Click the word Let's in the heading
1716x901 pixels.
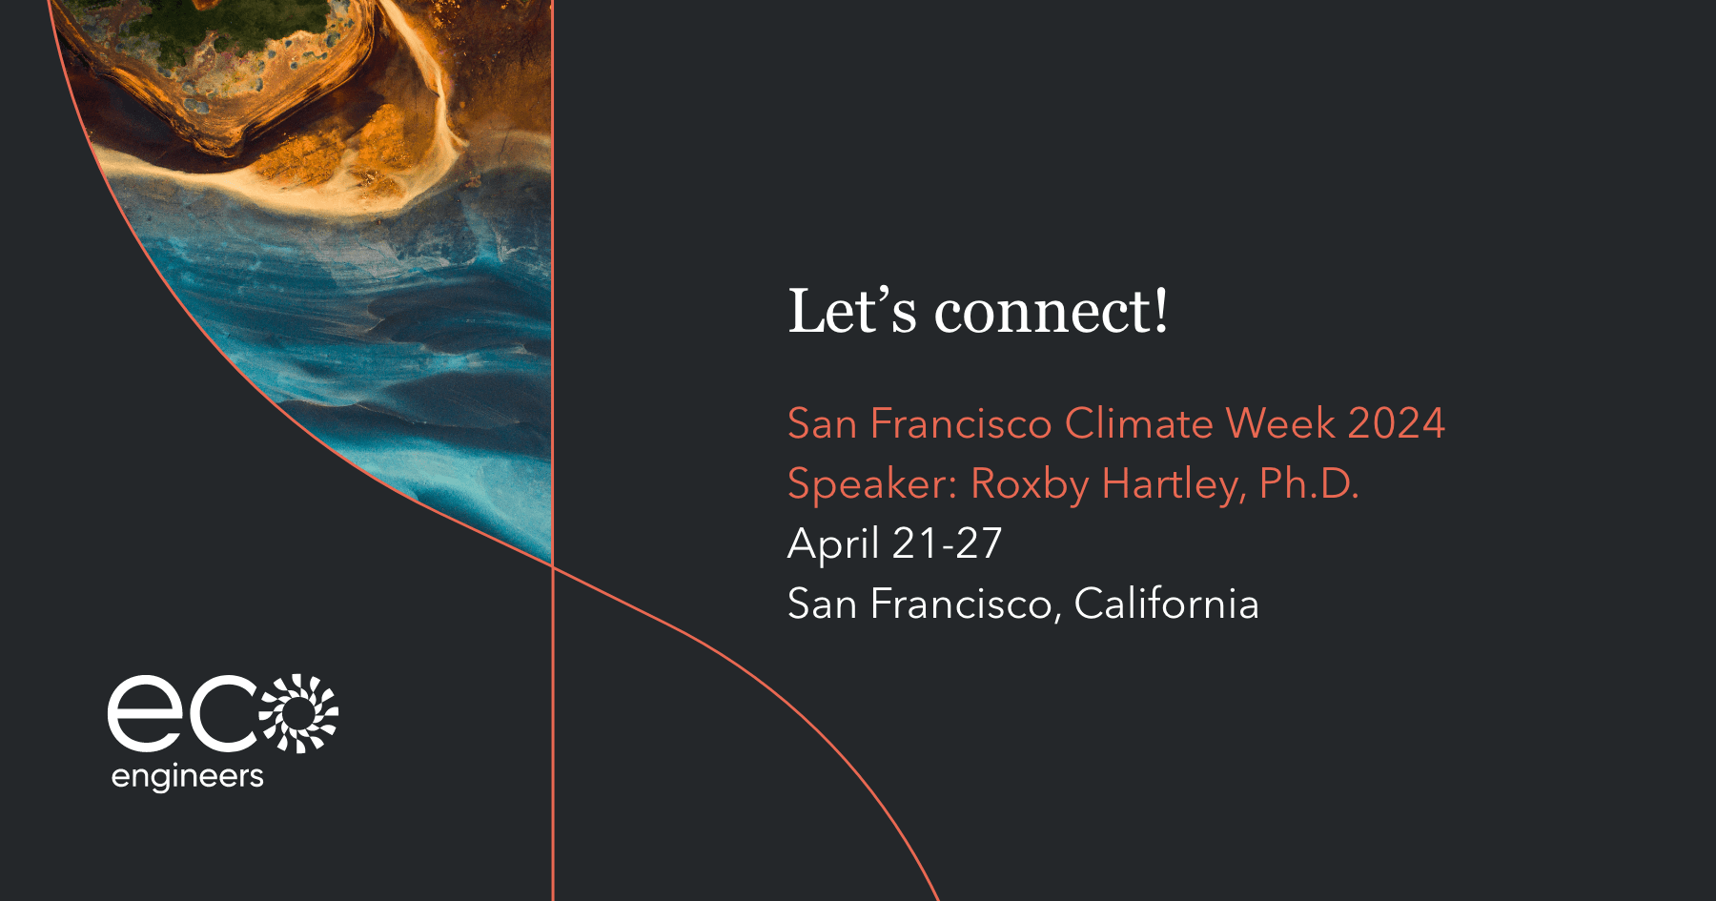point(852,311)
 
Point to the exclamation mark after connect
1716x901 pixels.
point(1160,310)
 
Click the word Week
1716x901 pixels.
point(1280,423)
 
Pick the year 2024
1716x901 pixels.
point(1397,423)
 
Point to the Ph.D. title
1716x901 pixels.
point(1309,483)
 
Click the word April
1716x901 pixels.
point(833,544)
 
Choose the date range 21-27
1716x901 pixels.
point(948,543)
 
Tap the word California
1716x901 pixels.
point(1167,604)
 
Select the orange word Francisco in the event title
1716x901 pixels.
point(961,423)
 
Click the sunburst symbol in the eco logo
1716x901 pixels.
point(299,713)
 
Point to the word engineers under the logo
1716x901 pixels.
point(187,777)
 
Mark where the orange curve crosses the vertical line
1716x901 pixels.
point(553,566)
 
